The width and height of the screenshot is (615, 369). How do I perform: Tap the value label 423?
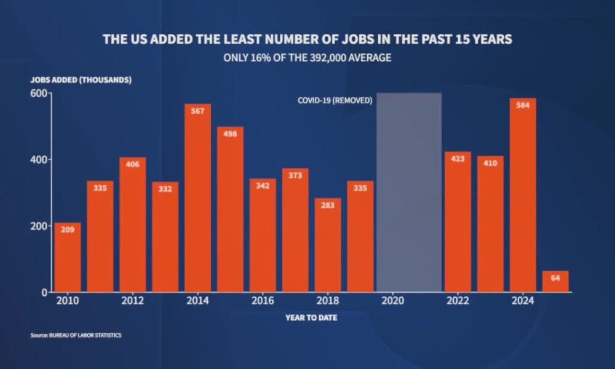[x=458, y=159]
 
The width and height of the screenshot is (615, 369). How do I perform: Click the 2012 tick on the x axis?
[x=133, y=301]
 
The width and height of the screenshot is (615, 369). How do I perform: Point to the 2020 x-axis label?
[x=393, y=301]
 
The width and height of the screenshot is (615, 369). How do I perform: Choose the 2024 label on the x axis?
[x=523, y=301]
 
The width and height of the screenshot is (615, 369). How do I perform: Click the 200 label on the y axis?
[x=39, y=226]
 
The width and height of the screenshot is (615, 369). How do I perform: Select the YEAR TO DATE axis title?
[x=311, y=318]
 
